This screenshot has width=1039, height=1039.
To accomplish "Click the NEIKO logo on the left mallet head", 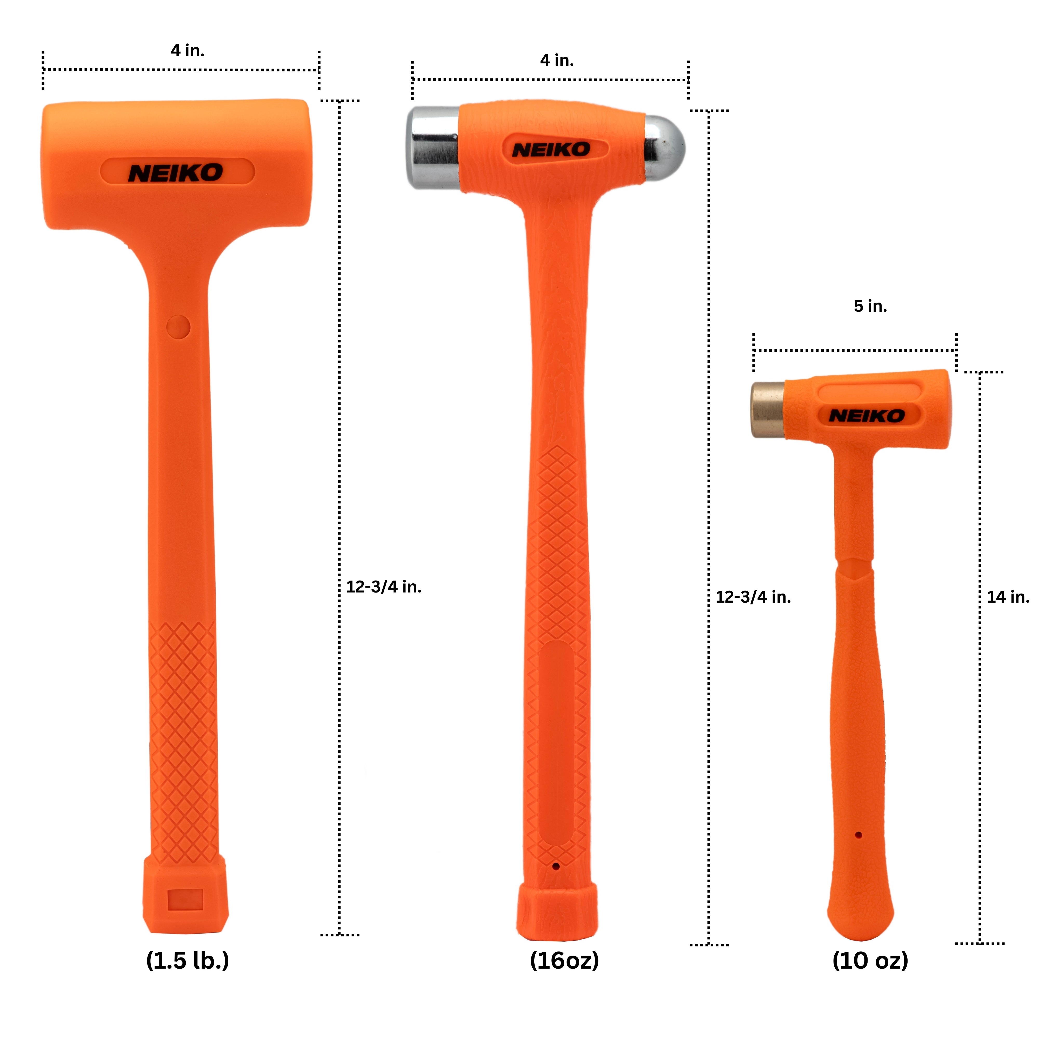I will pos(175,173).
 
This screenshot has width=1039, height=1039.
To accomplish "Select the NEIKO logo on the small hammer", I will pos(867,415).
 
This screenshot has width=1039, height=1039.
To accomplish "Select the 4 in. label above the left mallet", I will pos(188,51).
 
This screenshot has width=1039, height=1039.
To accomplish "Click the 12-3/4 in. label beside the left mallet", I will pos(383,587).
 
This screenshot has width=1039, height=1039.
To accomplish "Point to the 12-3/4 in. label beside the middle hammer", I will pos(753,597).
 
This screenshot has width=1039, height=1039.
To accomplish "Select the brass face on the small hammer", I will pos(767,410).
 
